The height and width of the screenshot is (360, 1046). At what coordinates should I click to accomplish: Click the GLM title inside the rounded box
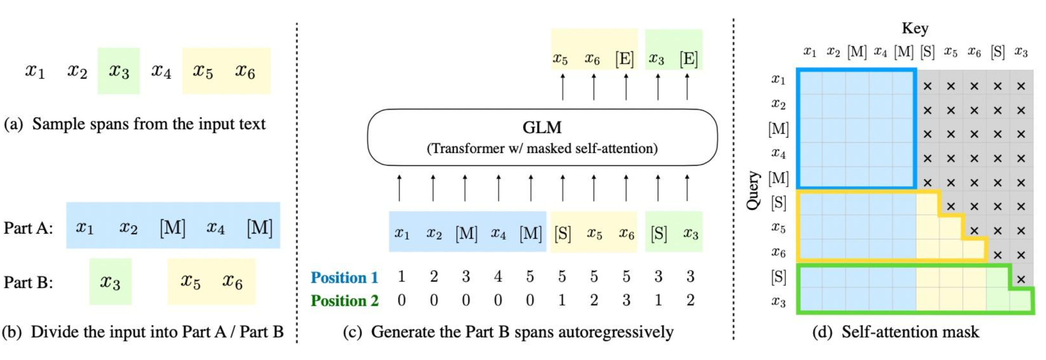[x=542, y=127]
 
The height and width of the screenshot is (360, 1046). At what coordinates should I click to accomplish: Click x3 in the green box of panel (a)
[x=119, y=71]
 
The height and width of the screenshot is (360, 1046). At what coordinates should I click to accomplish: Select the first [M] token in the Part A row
[x=172, y=227]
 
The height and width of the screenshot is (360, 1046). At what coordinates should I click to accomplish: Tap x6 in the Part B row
[x=232, y=282]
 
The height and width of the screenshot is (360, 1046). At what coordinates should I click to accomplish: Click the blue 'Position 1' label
[x=344, y=278]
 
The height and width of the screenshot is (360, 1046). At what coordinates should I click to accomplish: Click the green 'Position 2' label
[x=344, y=301]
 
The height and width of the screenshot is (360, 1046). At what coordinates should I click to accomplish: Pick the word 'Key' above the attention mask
[x=915, y=28]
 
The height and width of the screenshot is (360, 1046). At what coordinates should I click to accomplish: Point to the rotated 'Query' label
[x=753, y=190]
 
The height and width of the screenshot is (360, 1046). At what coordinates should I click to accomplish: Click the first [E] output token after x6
[x=624, y=59]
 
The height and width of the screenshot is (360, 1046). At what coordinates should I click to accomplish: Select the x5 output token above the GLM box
[x=560, y=59]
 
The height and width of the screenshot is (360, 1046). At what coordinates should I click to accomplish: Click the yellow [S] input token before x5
[x=562, y=234]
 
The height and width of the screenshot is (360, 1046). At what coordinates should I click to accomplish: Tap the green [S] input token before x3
[x=658, y=234]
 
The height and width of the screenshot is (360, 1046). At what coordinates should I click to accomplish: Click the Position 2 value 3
[x=626, y=301]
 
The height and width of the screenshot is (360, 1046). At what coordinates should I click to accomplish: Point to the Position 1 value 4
[x=498, y=277]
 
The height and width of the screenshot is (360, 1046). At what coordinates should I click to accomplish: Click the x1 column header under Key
[x=809, y=52]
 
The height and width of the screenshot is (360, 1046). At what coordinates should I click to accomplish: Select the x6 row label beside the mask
[x=778, y=252]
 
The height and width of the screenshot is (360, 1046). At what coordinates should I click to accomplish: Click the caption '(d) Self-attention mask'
[x=895, y=332]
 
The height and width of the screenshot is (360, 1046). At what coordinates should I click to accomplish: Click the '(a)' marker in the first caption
[x=13, y=124]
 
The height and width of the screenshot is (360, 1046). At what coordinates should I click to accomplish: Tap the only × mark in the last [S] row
[x=1021, y=279]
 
